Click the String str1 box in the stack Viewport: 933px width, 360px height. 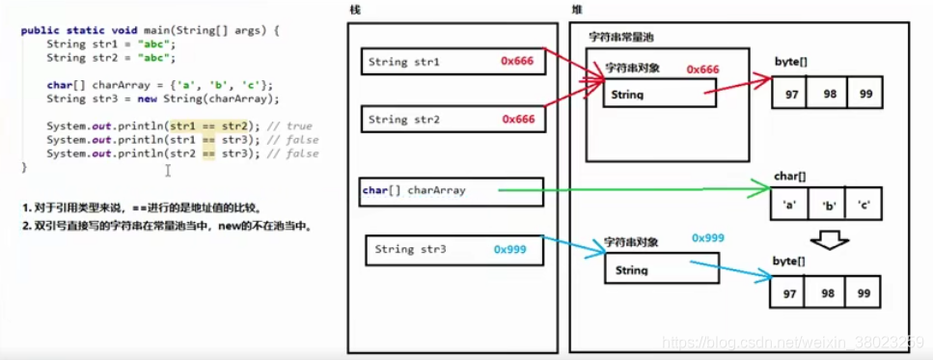point(452,64)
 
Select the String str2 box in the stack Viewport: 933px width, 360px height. point(452,120)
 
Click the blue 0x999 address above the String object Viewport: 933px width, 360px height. point(707,237)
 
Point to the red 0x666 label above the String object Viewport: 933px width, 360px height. point(702,69)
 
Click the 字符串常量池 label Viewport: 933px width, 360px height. point(625,37)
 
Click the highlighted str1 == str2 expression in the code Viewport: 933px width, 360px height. point(208,126)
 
